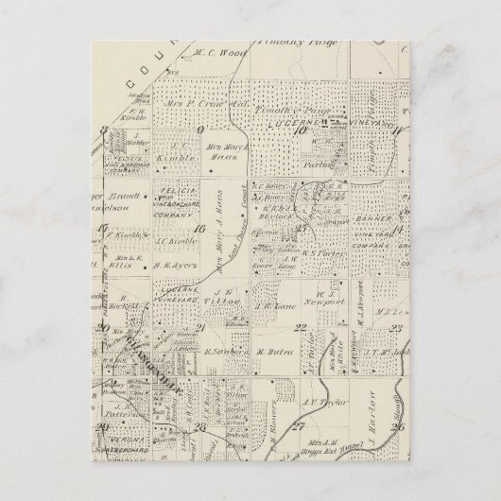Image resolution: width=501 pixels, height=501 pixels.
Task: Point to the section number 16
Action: pos(198,228)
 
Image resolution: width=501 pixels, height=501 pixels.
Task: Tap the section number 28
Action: pos(200,426)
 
